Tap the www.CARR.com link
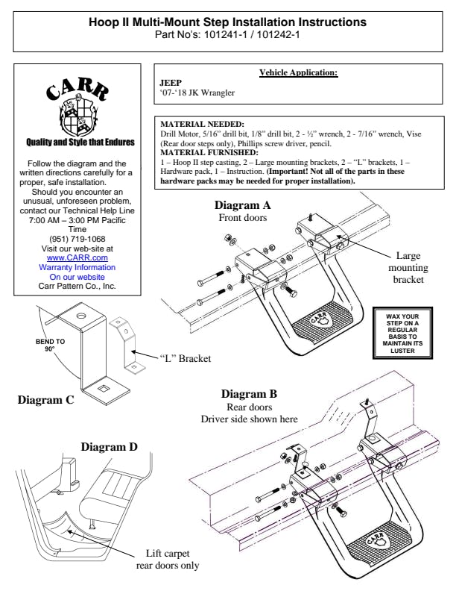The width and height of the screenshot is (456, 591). tap(77, 257)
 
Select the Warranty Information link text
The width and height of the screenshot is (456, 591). tap(77, 267)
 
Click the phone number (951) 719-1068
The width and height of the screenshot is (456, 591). tap(77, 239)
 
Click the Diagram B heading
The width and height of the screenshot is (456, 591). tap(249, 394)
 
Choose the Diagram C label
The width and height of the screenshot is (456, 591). tap(45, 399)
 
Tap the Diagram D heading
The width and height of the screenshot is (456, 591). tap(109, 447)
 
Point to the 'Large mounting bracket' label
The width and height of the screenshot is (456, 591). tap(408, 267)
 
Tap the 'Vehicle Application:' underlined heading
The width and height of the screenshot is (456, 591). tap(298, 72)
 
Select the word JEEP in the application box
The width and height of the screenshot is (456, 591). tap(171, 83)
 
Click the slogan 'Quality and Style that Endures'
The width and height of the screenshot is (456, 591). tap(77, 142)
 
